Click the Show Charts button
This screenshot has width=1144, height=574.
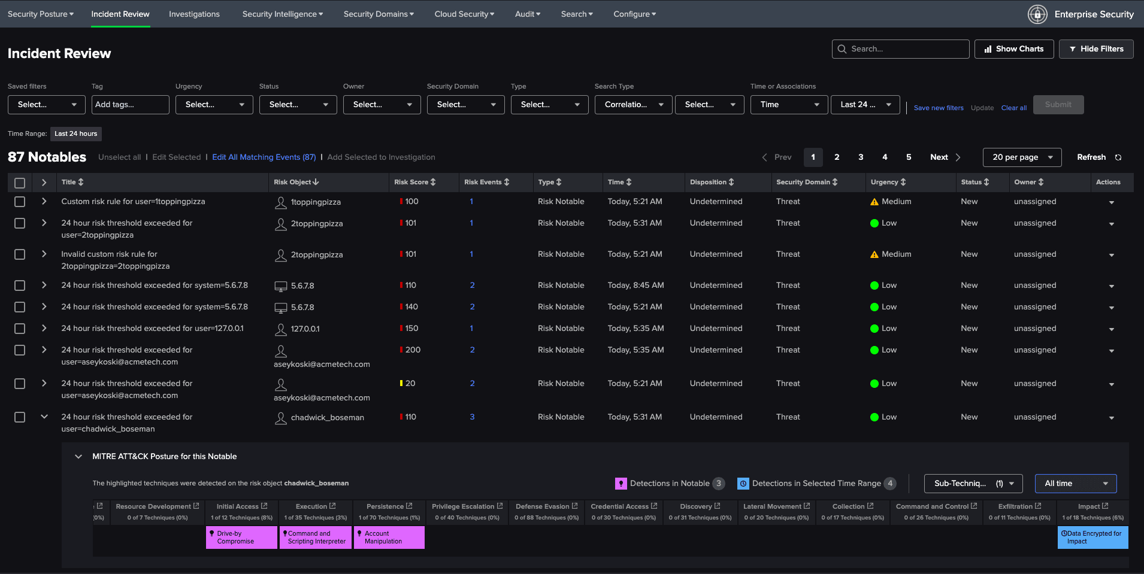1014,49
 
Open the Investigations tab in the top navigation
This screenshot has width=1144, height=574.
194,14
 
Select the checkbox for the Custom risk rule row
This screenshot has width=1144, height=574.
20,202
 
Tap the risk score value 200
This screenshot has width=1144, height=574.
413,350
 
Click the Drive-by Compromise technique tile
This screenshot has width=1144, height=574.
241,537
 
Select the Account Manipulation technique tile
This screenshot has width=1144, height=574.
389,537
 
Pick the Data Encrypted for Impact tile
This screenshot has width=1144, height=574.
1092,537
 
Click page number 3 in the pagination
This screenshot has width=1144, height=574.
861,157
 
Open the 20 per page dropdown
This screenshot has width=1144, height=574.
1022,157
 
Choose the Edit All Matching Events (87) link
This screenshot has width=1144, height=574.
264,157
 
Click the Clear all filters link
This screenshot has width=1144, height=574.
1013,108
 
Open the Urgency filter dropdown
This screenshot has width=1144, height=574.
214,105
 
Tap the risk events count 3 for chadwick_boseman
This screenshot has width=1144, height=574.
472,417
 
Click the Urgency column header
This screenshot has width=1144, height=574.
888,182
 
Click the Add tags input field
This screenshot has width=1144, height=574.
131,105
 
